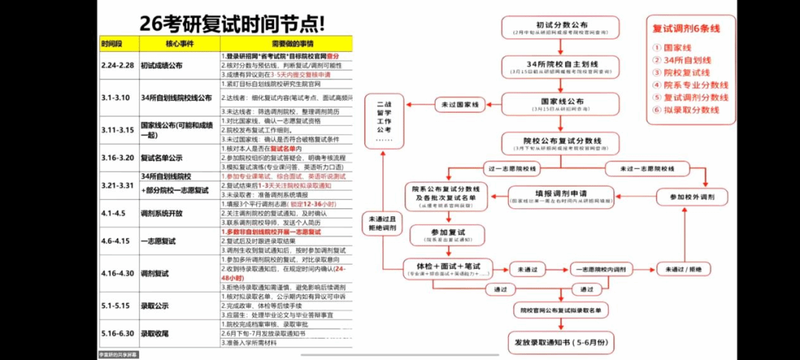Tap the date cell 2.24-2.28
coord(118,65)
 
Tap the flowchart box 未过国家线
coord(456,104)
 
